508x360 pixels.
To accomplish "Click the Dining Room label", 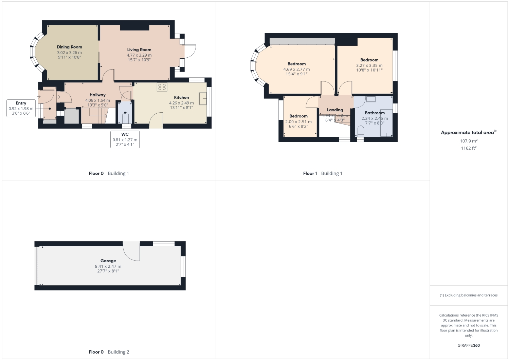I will click(x=69, y=47).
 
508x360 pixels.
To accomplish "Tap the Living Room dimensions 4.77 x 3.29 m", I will click(x=139, y=55).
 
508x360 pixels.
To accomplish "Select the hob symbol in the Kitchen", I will click(x=162, y=87).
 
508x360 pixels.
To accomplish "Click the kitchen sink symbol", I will click(x=203, y=99).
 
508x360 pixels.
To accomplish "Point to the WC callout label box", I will click(x=125, y=139).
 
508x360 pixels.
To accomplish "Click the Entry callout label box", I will click(x=21, y=108).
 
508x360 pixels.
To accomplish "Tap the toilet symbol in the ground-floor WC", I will click(x=125, y=117).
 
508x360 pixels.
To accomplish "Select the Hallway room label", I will click(x=97, y=95).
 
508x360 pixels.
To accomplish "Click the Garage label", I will click(x=108, y=261).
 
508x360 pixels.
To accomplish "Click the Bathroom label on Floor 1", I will click(x=375, y=113).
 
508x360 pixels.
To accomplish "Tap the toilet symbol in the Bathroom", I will click(x=360, y=133).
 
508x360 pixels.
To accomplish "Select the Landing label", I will click(x=335, y=110).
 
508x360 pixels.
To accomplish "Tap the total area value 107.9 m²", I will click(x=469, y=141).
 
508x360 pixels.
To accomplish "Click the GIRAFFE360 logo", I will click(x=469, y=345).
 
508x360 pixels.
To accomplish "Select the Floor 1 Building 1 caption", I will click(x=323, y=173).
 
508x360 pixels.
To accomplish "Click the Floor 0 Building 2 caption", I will click(x=109, y=352).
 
